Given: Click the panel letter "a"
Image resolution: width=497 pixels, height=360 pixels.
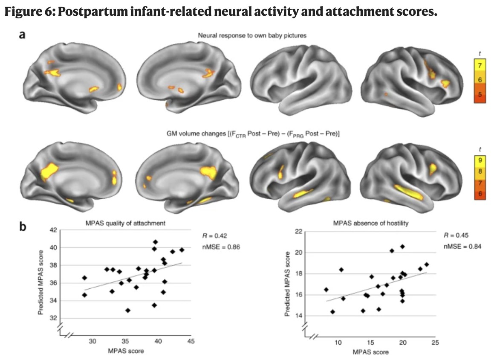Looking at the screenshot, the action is point(22,35).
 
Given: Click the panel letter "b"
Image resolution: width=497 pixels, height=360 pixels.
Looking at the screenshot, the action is point(23,226).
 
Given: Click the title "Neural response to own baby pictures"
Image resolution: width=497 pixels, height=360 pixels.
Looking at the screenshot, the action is point(252,35).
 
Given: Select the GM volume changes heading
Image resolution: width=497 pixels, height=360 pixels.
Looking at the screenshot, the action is point(253,134).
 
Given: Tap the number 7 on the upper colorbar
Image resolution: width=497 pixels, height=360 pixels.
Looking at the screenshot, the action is point(480,66).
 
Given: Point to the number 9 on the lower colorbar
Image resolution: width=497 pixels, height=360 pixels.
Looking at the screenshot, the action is point(480,160).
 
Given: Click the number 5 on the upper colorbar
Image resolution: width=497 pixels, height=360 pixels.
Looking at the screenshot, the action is point(480,94).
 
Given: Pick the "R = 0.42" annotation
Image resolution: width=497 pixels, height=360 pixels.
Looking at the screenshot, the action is point(214,236).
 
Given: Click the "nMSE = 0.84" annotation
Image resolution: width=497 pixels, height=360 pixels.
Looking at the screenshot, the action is point(462,246).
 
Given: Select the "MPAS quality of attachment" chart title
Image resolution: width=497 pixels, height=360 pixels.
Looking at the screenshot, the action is point(125,224).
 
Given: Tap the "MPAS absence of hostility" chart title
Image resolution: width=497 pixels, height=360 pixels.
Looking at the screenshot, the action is point(370,224).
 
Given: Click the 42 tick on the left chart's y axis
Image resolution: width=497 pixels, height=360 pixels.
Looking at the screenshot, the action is point(53,230).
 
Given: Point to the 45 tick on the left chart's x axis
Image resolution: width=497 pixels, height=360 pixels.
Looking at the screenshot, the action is point(191,341).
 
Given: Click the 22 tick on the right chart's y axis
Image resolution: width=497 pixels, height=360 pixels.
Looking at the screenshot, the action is point(298,231).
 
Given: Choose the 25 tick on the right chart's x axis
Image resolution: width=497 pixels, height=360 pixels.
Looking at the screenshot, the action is point(436,343).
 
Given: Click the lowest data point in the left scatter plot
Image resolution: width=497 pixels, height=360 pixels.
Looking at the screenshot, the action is point(128,310).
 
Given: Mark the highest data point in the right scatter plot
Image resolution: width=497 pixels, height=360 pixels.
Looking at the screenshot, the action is point(402,247).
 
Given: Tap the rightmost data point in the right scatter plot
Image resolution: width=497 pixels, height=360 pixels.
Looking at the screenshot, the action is point(427,264).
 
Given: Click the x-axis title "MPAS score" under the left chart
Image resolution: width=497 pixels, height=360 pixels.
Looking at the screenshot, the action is point(126,351).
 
